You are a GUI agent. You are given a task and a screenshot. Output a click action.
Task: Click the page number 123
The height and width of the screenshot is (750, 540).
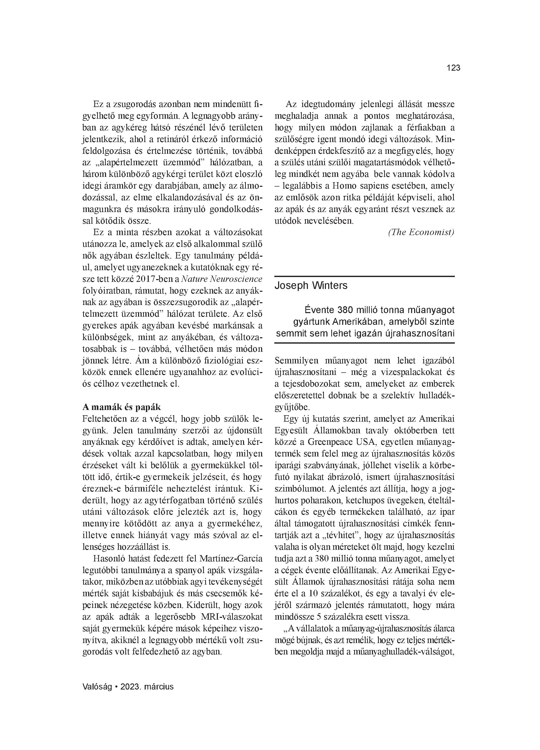pos(453,68)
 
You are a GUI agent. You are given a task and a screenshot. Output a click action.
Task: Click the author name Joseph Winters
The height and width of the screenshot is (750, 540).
pos(311,285)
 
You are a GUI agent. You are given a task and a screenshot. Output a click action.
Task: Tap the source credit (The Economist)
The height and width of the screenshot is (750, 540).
pos(421,232)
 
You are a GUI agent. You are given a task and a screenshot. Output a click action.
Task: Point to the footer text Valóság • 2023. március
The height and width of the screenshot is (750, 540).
pos(128,686)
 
